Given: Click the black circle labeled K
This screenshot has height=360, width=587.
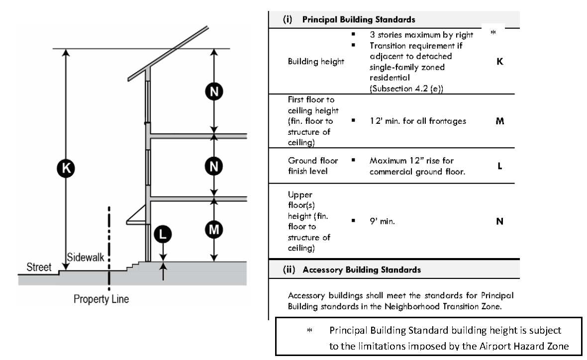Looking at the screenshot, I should pos(66,168).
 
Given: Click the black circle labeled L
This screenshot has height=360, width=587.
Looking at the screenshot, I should pos(163,233).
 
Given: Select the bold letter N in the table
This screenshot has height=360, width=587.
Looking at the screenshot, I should pos(499,222).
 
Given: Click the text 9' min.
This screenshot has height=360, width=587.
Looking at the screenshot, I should pos(382,222).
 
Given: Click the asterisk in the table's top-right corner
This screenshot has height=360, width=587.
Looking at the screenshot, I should pos(493,33).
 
